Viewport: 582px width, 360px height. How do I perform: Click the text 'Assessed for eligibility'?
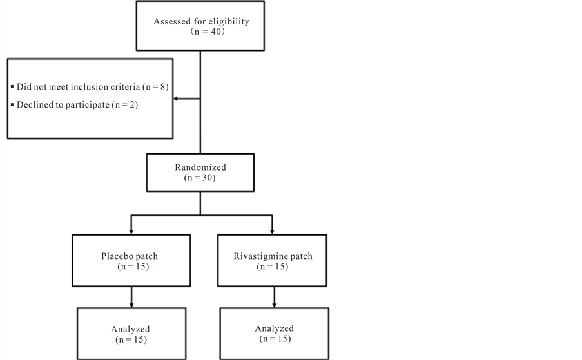coord(201,21)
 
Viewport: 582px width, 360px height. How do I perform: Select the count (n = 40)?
coord(208,32)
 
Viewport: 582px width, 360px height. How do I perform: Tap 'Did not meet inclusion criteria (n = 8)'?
coord(92,87)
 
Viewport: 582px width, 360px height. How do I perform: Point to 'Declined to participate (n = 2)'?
coord(77,105)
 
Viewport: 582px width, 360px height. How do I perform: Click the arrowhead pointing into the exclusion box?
coord(175,99)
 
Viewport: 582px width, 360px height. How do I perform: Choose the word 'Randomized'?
coord(200,167)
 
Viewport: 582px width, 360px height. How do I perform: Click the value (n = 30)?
coord(200,178)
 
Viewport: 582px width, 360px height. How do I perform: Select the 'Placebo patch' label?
coord(130,256)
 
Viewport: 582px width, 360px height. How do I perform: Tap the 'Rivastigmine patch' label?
coord(273,256)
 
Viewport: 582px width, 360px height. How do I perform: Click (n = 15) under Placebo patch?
coord(133,267)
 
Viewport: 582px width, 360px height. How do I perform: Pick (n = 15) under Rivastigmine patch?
coord(273,267)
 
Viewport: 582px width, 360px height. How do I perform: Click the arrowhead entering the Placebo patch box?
coord(131,232)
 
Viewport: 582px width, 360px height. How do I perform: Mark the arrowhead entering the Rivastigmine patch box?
coord(272,232)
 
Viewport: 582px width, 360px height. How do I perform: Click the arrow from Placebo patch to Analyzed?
coord(131,297)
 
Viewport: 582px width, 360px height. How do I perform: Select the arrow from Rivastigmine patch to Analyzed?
coord(275,297)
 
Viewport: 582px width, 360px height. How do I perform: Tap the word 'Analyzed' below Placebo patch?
coord(130,329)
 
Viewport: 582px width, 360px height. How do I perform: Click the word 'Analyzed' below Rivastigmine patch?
coord(275,328)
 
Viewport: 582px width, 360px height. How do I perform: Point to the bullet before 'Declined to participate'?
coord(12,104)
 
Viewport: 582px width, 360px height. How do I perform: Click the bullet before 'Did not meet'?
coord(12,87)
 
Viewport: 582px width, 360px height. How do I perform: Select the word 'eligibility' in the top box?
coord(229,21)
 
